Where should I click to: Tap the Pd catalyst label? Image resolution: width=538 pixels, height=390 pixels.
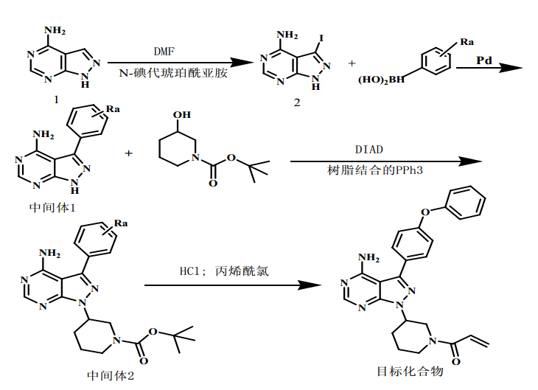click(484, 59)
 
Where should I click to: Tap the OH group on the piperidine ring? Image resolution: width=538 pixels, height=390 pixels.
click(184, 115)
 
